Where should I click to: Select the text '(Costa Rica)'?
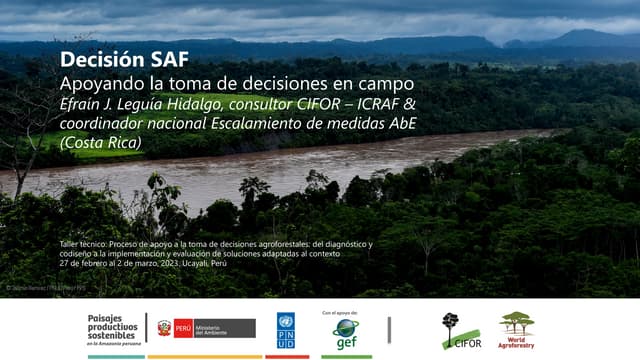100,143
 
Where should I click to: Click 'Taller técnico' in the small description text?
85,244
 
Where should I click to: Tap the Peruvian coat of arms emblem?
163,327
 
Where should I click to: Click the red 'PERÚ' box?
183,327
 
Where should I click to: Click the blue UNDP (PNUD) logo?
286,329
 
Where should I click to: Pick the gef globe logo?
346,331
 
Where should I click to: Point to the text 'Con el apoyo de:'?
340,312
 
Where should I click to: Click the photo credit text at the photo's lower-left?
45,287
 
